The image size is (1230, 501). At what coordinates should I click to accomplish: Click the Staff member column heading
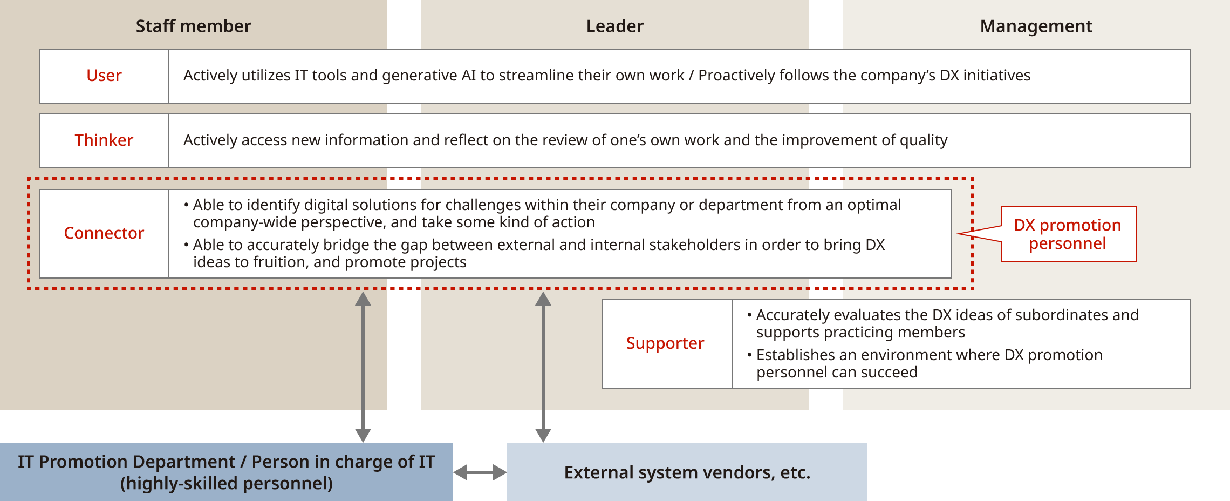[193, 26]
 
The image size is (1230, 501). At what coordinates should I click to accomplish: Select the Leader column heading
[614, 26]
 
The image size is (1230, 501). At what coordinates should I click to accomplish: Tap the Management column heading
[1036, 26]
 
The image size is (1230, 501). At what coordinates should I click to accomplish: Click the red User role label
[104, 76]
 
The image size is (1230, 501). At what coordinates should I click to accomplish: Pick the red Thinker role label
[104, 140]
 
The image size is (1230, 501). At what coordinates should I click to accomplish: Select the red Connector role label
[104, 233]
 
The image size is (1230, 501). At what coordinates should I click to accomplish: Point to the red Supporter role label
[665, 343]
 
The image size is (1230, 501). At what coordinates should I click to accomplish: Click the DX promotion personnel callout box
[1068, 234]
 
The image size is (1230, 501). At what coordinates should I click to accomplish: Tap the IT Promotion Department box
[226, 472]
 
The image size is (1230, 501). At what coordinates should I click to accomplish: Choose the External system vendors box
[687, 472]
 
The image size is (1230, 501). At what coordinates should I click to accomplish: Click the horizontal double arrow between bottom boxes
[480, 472]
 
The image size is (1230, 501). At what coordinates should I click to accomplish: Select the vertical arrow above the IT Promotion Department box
[363, 367]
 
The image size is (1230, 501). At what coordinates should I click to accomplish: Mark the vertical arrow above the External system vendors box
[543, 367]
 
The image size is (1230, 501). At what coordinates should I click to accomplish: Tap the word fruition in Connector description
[281, 262]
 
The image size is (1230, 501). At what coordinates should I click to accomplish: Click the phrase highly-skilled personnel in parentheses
[226, 483]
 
